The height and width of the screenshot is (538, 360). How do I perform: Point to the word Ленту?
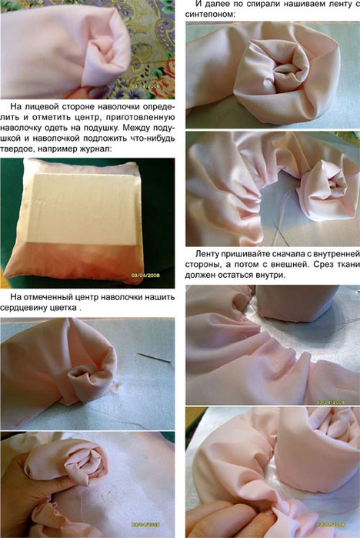click(208, 254)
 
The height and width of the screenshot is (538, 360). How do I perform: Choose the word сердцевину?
click(24, 308)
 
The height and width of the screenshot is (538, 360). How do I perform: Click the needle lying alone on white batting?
click(155, 357)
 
